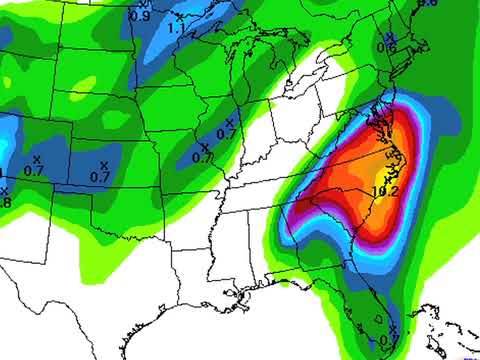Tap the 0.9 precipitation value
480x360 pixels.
pyautogui.click(x=140, y=17)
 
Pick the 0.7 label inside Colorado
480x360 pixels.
pyautogui.click(x=34, y=171)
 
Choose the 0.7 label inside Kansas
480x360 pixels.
pyautogui.click(x=100, y=177)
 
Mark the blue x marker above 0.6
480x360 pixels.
pyautogui.click(x=390, y=36)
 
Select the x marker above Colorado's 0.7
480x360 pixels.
pyautogui.click(x=36, y=159)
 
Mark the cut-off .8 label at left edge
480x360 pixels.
pyautogui.click(x=4, y=201)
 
